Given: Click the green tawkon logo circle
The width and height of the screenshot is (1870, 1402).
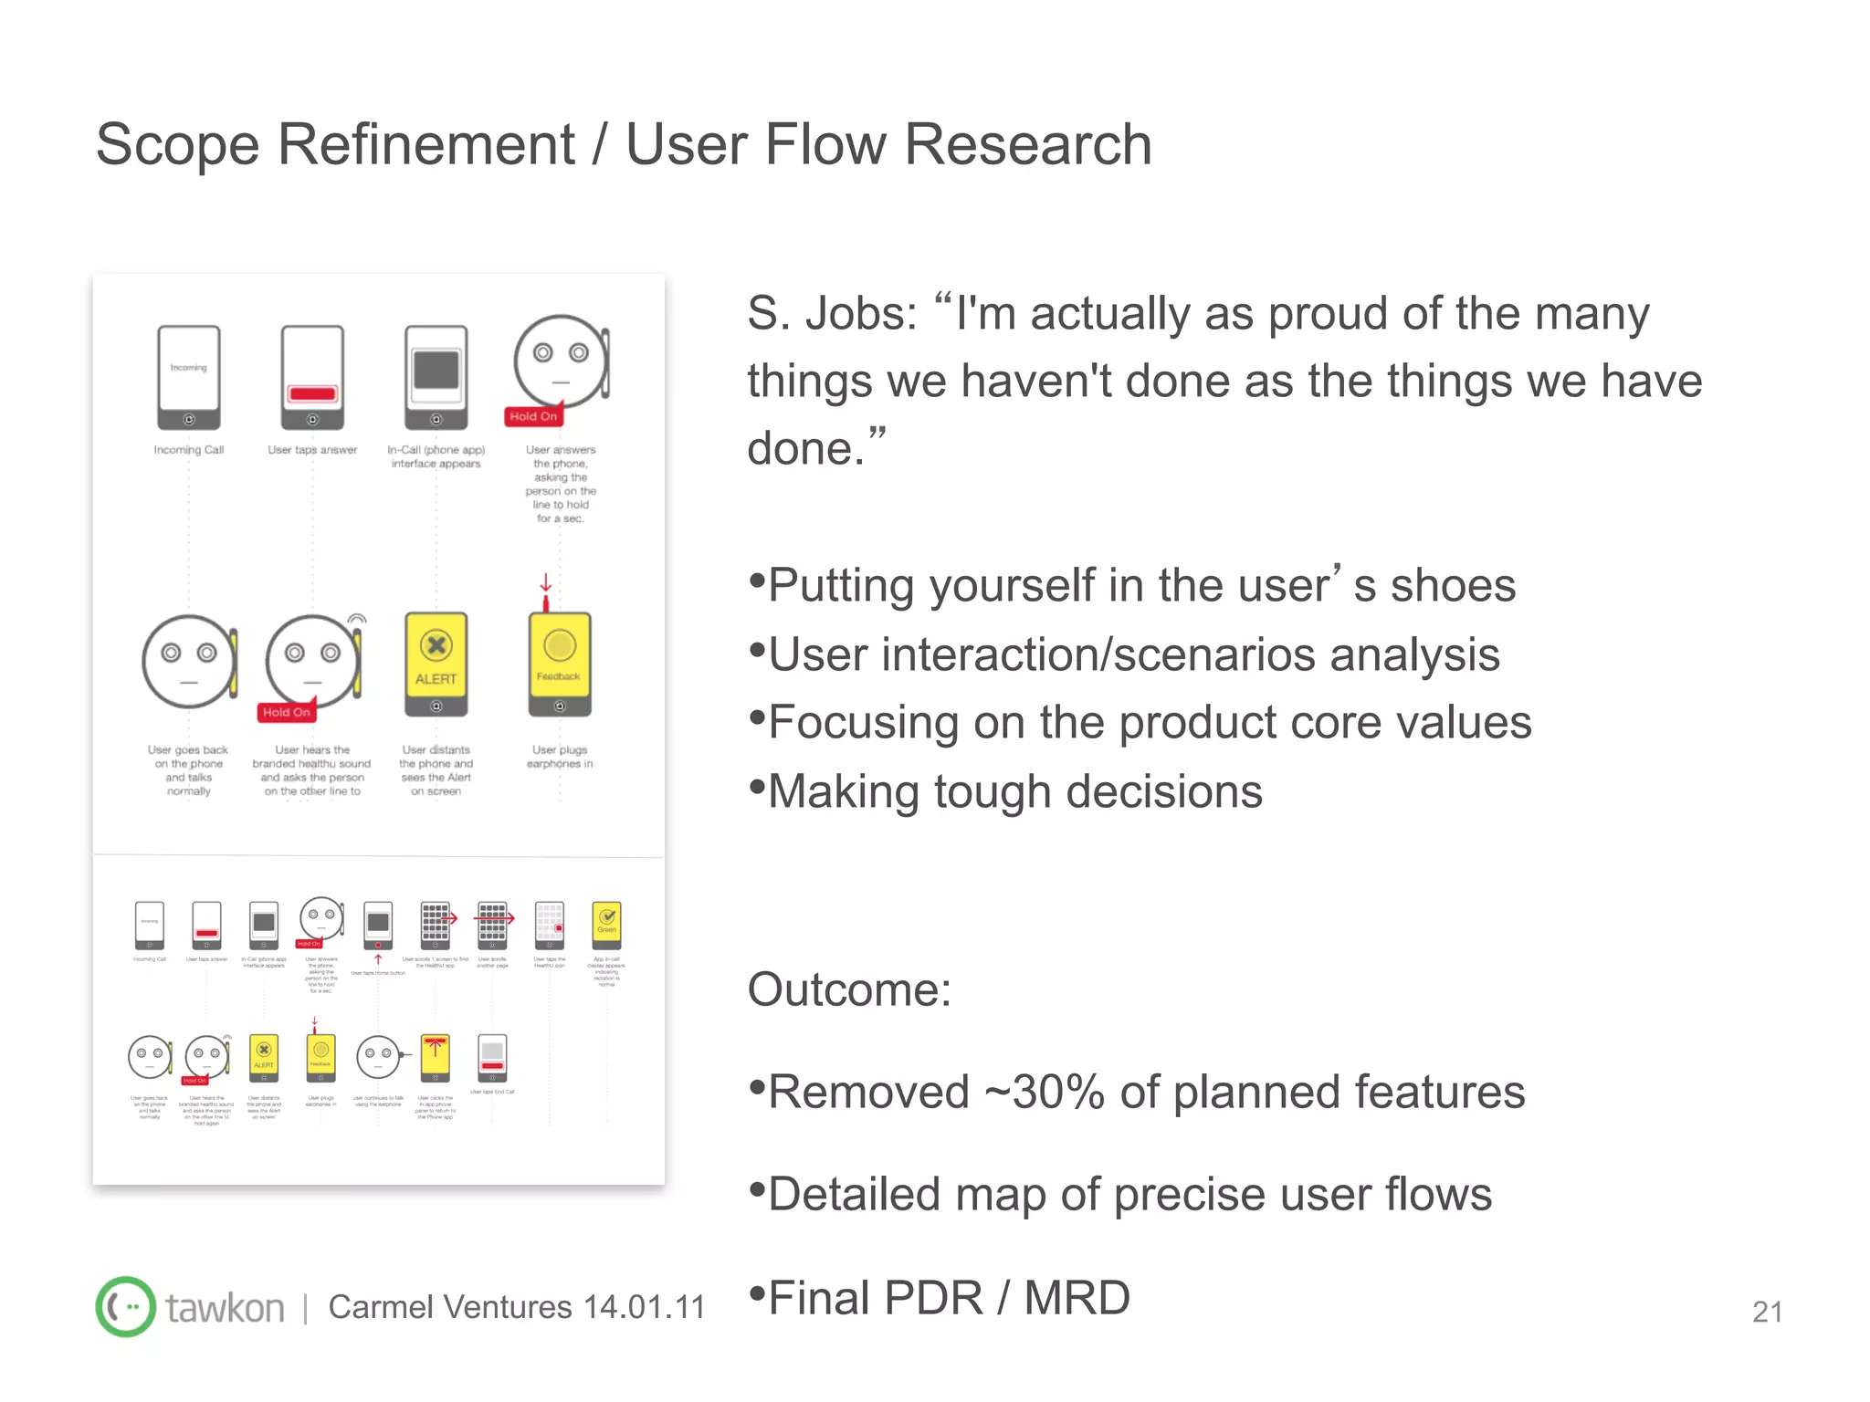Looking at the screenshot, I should point(126,1306).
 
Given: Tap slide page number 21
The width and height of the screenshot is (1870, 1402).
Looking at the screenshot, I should point(1767,1312).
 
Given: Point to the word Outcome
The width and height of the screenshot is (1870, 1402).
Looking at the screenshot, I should point(848,989).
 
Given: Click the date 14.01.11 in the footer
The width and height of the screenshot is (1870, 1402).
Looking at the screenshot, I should point(644,1307).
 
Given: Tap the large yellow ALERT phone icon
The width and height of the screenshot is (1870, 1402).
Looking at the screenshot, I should point(436,664).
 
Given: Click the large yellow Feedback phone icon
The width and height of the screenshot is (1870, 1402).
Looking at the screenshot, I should point(560,664).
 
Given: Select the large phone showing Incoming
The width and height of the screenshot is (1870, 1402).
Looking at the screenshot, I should point(189,377).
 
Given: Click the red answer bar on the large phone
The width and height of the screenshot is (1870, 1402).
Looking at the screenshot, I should point(312,393).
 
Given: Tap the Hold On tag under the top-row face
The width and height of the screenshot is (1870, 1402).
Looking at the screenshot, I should point(533,416).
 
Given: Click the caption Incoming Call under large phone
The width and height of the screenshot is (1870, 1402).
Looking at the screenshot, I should point(189,450).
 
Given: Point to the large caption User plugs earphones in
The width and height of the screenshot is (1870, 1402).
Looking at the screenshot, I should point(560,757).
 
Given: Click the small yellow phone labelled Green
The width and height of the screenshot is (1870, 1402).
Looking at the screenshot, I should point(606,924).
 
